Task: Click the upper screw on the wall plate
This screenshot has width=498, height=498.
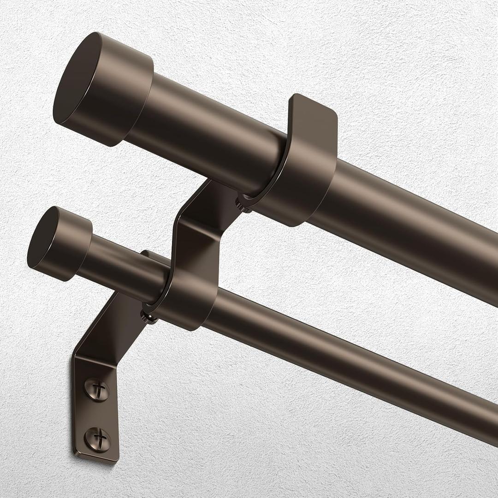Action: (x=97, y=390)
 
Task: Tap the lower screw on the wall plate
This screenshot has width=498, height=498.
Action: (x=97, y=436)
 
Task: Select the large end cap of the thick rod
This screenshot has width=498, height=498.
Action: (x=104, y=89)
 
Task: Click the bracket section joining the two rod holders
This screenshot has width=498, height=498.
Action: (x=198, y=231)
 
